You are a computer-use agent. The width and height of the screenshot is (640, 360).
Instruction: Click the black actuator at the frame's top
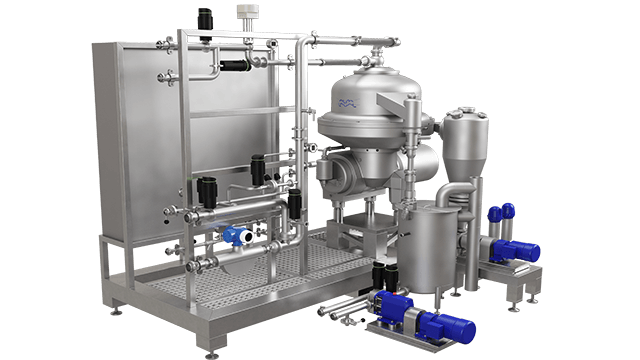tap(207, 17)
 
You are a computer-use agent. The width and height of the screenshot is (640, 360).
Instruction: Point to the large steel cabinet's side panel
tap(125, 140)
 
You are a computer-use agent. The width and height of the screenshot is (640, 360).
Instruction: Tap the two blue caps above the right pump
tap(499, 211)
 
